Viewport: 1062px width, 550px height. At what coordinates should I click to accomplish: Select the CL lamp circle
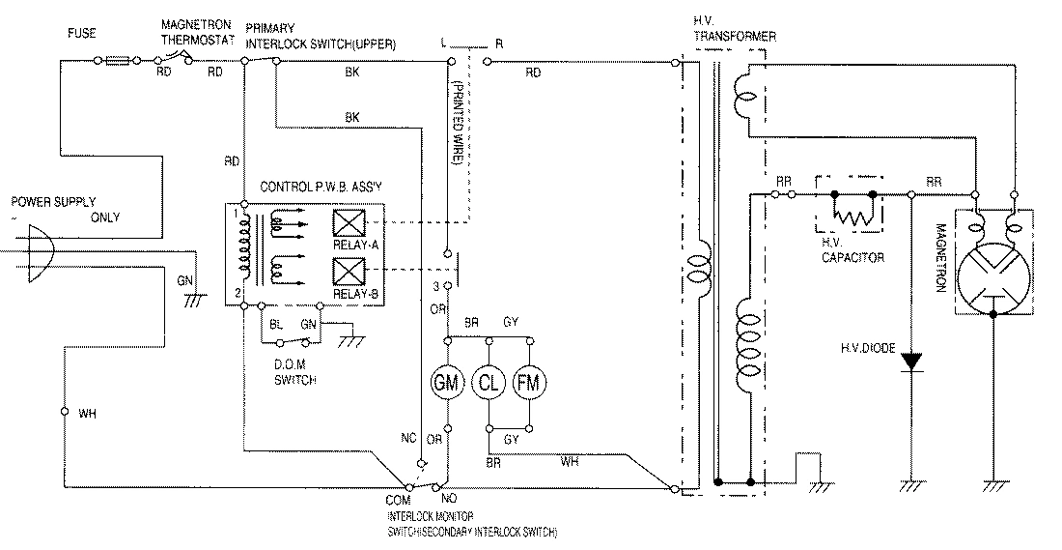[x=489, y=382]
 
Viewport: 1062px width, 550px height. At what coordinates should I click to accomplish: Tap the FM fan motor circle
[x=527, y=382]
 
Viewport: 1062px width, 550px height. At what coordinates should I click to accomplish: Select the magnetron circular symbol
[x=992, y=273]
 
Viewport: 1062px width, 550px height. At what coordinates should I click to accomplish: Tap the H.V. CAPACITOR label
[x=852, y=251]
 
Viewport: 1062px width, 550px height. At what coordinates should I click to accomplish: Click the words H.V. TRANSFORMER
[x=735, y=29]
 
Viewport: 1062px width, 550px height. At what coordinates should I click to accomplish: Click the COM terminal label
[x=398, y=502]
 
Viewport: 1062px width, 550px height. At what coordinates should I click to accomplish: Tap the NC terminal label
[x=408, y=438]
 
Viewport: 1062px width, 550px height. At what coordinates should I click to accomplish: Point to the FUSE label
[x=81, y=31]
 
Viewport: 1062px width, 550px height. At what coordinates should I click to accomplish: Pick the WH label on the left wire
[x=87, y=415]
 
